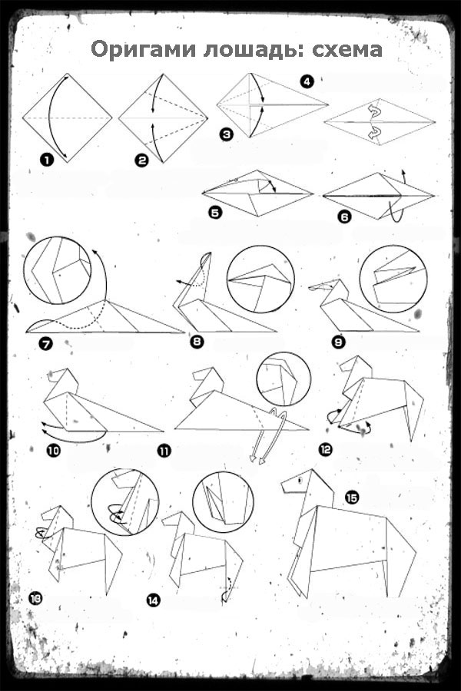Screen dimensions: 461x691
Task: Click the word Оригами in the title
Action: (x=144, y=50)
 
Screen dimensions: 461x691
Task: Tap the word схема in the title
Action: (x=347, y=50)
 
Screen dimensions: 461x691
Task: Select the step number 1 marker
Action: (x=46, y=160)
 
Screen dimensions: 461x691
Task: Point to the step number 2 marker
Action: (x=142, y=160)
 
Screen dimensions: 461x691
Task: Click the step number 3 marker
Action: (x=227, y=134)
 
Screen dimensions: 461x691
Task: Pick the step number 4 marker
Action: (x=307, y=81)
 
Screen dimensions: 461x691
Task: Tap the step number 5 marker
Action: (x=215, y=213)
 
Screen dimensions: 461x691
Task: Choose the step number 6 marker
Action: (x=344, y=217)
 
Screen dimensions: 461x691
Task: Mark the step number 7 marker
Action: (x=46, y=343)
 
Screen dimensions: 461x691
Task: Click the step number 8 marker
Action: (x=197, y=341)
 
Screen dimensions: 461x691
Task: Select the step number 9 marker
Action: (x=339, y=342)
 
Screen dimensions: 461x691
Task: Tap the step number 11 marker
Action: (x=164, y=451)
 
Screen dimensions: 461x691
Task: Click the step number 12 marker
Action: (x=325, y=449)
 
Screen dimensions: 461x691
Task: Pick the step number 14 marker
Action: (x=154, y=600)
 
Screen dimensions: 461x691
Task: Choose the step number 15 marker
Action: (x=352, y=498)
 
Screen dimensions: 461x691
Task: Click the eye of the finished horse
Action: (x=301, y=479)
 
